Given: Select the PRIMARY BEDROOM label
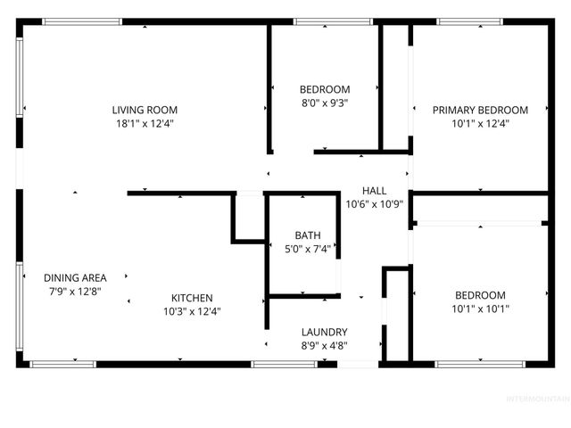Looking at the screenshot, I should [480, 110].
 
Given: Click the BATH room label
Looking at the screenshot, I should [308, 235].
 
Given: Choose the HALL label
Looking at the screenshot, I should [374, 190].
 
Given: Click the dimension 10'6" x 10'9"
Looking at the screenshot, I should [374, 203].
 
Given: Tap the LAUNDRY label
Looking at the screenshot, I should [324, 332].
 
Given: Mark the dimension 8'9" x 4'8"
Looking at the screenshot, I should [324, 345].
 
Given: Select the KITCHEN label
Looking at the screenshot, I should [192, 298].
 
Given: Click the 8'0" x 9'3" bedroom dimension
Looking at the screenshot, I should [324, 103].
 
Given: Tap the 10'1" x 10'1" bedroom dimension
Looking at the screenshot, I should [480, 309].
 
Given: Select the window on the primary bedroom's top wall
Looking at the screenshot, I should [480, 21].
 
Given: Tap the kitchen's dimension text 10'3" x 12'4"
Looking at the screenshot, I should [192, 312].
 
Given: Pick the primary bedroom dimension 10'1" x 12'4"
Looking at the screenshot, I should [480, 124].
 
